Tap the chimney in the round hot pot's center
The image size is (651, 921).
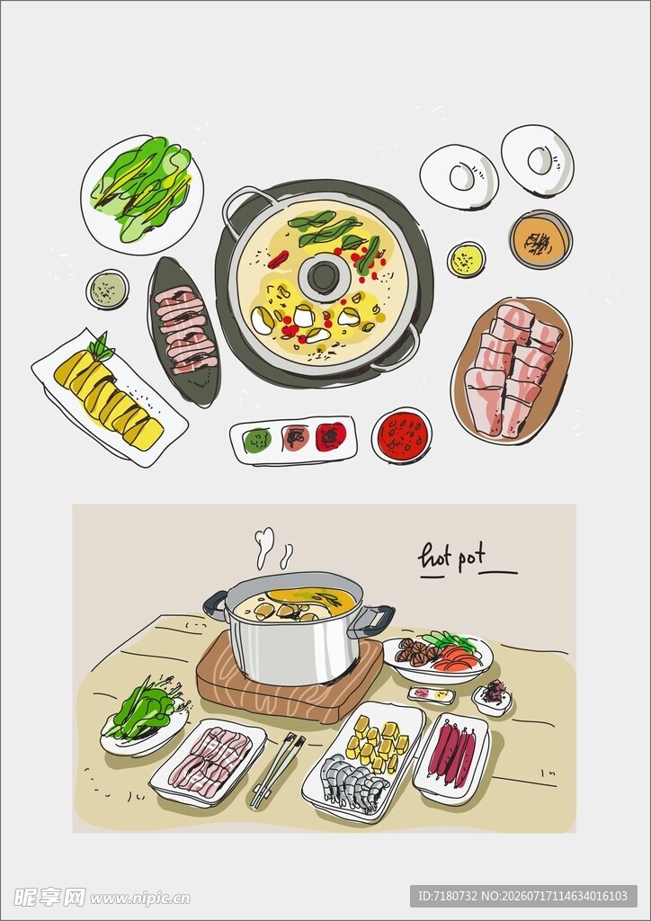[324, 277]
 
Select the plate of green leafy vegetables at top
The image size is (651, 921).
[142, 194]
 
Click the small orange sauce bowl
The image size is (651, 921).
[540, 239]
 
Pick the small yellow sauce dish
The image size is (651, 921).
[467, 259]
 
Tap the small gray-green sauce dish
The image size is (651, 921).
[107, 289]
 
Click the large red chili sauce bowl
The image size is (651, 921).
[402, 435]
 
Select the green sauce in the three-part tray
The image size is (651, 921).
[257, 440]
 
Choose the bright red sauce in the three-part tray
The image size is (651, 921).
[331, 437]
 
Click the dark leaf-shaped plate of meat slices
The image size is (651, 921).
[183, 331]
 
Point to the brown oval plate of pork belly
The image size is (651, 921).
[512, 370]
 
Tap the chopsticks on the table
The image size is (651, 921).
[277, 770]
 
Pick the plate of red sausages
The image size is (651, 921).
[451, 757]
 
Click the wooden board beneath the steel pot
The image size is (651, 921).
[289, 684]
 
